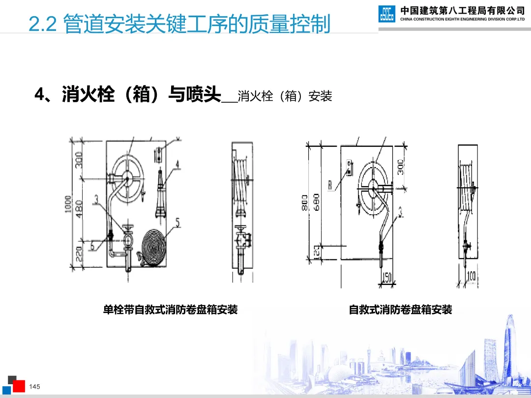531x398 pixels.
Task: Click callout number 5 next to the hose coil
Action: (177, 223)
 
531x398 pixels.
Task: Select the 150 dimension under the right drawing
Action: (386, 277)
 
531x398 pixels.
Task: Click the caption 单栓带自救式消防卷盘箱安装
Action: (170, 310)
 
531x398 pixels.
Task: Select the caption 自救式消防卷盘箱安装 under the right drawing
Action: (400, 310)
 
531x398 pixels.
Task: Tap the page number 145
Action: (34, 387)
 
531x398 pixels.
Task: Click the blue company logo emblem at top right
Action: (386, 14)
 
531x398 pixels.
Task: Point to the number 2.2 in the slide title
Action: (44, 25)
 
